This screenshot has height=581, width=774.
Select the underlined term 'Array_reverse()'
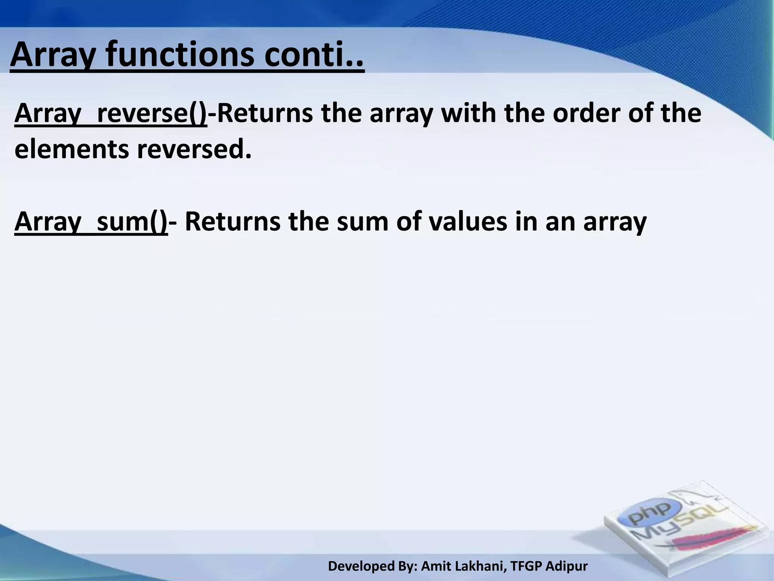(x=111, y=113)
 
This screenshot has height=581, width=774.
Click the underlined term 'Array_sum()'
(x=91, y=222)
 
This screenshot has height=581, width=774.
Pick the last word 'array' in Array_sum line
(x=615, y=222)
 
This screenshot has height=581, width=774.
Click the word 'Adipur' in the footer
(x=567, y=566)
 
